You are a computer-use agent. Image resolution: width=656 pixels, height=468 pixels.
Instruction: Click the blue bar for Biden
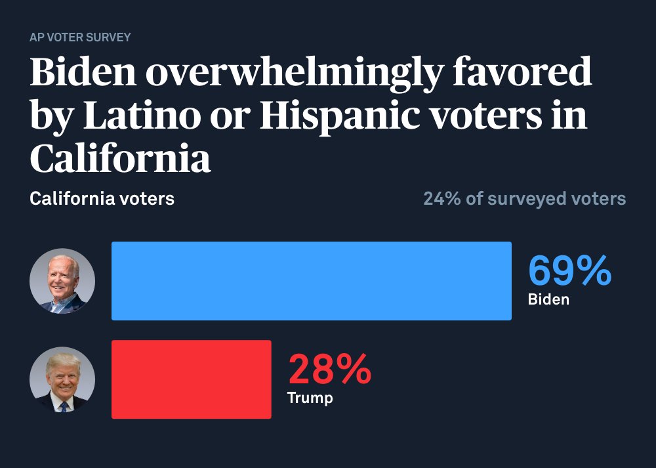311,281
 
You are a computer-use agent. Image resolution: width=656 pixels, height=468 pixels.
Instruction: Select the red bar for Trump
191,379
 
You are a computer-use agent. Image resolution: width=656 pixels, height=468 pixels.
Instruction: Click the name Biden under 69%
548,300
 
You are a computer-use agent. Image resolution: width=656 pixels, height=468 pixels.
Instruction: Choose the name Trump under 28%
310,398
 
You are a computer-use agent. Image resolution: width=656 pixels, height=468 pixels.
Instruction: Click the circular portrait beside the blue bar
62,281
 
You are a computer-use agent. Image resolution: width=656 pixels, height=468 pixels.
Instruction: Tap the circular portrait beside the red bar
62,379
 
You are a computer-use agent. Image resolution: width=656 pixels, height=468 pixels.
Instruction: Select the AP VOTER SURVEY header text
80,37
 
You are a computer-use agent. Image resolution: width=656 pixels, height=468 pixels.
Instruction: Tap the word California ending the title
120,158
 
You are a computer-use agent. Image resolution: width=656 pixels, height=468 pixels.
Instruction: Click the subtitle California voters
102,198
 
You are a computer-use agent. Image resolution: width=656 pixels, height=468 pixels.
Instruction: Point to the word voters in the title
504,116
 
